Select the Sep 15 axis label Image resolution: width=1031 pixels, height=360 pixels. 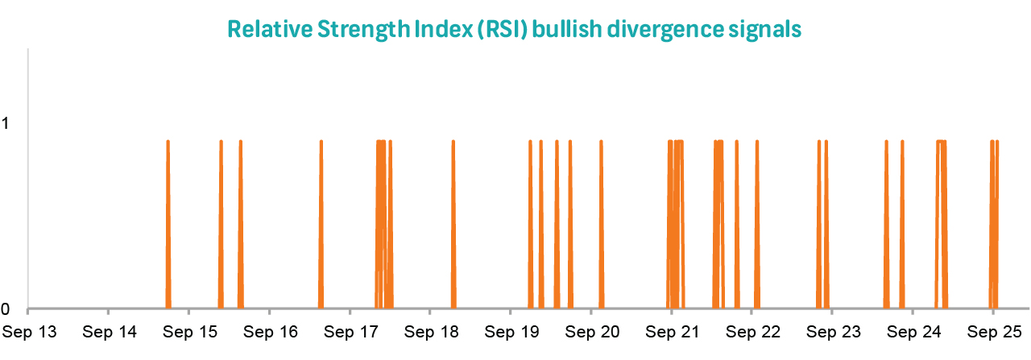coord(189,331)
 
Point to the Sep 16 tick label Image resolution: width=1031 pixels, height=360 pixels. coord(270,331)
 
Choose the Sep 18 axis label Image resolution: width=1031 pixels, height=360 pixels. coord(430,331)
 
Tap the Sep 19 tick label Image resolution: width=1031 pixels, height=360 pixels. coord(511,331)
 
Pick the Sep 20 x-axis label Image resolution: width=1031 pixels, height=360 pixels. coord(591,331)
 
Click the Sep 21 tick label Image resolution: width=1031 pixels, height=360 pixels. coord(672,331)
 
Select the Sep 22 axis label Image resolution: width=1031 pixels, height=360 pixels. coord(752,331)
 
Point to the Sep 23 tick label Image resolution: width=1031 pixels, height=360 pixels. coord(832,331)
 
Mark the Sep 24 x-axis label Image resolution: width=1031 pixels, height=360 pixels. coord(913,331)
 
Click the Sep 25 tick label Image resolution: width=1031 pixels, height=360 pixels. coord(993,331)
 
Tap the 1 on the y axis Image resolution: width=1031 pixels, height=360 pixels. coord(7,124)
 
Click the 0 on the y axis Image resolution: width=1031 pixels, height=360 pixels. coord(7,308)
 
